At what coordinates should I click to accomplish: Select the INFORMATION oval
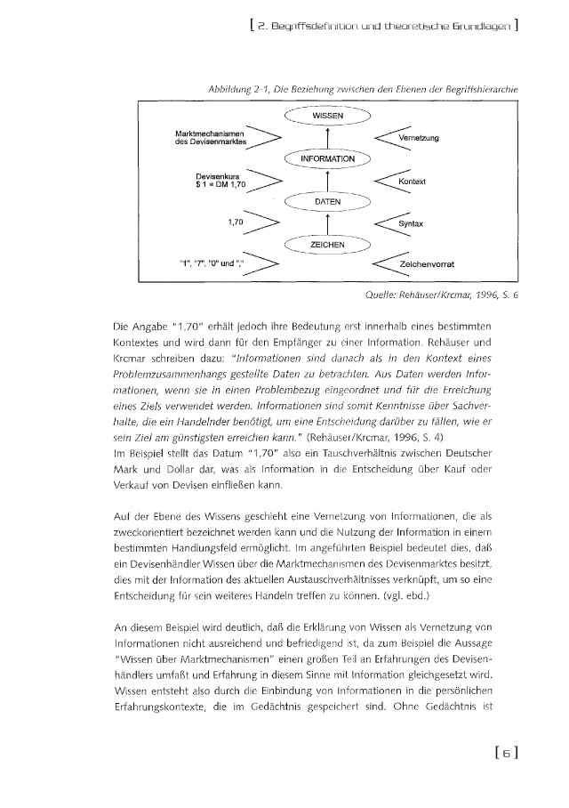click(328, 159)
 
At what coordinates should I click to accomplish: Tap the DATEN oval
click(328, 202)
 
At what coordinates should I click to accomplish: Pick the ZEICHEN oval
click(328, 244)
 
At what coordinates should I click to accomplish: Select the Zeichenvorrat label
click(431, 265)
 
